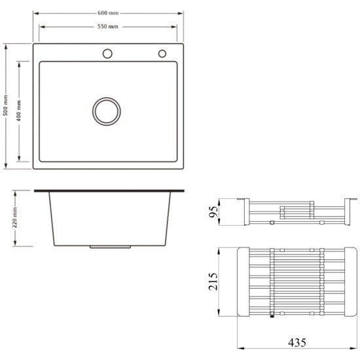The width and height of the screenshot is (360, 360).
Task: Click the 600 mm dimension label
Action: coord(108,13)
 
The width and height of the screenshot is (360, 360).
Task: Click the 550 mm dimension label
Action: coord(108,26)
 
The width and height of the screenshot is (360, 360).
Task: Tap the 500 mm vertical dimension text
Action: coord(6,105)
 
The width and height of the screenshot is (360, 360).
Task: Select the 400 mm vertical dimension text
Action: coord(19,111)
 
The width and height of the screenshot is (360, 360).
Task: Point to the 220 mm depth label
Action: coord(14,217)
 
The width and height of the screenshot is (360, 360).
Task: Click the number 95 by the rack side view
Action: coord(213,211)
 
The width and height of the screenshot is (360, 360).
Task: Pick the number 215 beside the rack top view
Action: coord(213,281)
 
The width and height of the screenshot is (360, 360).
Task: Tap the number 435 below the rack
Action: coord(297,343)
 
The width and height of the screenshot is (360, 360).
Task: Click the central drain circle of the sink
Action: coord(107,111)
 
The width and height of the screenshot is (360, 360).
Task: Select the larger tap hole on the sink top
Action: coord(107,54)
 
